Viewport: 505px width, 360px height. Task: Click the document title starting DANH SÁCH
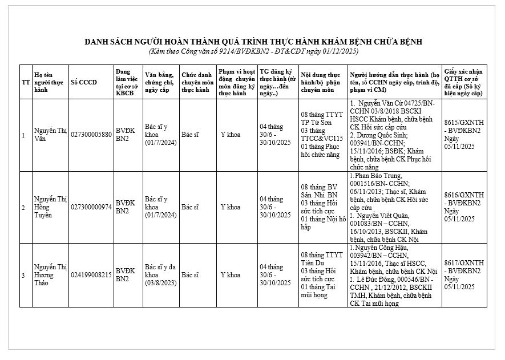tap(253, 42)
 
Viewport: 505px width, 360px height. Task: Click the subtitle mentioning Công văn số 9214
tap(253, 51)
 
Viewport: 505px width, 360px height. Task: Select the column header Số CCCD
tap(84, 82)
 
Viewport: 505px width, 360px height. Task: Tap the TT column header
tap(26, 82)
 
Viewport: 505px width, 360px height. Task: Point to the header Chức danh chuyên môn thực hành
tap(197, 82)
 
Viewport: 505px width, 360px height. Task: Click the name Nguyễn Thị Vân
tap(50, 135)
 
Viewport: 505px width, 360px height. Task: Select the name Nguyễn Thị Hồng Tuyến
tap(50, 207)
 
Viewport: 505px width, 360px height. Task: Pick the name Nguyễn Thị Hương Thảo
tap(50, 274)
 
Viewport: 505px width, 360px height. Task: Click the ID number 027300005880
tap(91, 135)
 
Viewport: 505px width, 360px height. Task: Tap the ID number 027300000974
tap(91, 207)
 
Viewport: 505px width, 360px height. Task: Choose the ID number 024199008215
tap(91, 275)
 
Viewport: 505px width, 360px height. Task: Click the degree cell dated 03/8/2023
tap(161, 274)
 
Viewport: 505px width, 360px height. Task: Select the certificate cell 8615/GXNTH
tap(464, 134)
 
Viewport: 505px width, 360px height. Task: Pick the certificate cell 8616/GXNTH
tap(464, 207)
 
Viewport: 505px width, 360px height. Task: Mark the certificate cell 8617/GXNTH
tap(464, 274)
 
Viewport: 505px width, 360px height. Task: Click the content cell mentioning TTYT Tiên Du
tap(322, 274)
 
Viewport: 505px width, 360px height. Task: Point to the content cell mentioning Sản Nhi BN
tap(322, 207)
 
